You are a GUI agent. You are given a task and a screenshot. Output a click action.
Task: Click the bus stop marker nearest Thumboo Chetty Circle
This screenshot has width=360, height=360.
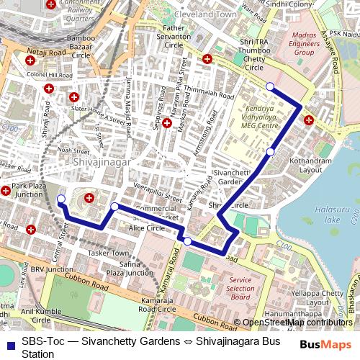click(270, 86)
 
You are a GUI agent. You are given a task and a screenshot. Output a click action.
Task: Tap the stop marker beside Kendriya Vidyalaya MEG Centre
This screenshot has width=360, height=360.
click(270, 151)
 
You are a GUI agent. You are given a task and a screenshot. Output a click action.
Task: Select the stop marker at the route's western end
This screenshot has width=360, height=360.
click(60, 199)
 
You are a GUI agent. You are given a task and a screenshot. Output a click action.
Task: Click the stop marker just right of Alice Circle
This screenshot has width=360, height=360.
click(187, 241)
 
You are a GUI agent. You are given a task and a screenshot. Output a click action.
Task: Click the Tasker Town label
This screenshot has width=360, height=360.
click(107, 253)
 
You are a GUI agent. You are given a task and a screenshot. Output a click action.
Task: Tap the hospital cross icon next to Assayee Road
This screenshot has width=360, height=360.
click(308, 120)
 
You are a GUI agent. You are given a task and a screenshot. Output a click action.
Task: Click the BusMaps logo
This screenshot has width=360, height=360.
click(326, 345)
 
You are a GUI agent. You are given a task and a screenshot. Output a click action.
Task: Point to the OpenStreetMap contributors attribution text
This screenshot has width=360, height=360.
click(297, 323)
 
